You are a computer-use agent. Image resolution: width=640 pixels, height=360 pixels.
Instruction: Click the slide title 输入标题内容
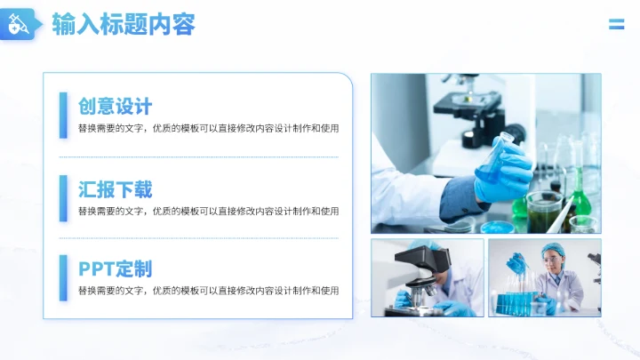pyautogui.click(x=124, y=24)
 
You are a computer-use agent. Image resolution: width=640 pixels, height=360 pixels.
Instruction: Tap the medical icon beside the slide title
pyautogui.click(x=19, y=25)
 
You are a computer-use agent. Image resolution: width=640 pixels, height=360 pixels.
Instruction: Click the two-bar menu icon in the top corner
pyautogui.click(x=616, y=24)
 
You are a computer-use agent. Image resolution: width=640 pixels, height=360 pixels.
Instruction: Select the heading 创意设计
pyautogui.click(x=115, y=108)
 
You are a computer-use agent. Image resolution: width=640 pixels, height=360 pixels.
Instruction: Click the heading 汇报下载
pyautogui.click(x=115, y=188)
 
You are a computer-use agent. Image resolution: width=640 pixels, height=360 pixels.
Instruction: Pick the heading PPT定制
pyautogui.click(x=115, y=269)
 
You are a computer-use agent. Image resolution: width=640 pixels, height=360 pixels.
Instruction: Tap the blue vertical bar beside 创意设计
pyautogui.click(x=64, y=116)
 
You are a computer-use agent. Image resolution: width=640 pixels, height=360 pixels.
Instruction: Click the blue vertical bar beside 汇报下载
pyautogui.click(x=64, y=197)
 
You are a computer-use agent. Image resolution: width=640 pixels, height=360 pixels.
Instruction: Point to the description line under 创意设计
pyautogui.click(x=208, y=129)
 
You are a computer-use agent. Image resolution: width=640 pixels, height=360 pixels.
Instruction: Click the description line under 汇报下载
pyautogui.click(x=208, y=212)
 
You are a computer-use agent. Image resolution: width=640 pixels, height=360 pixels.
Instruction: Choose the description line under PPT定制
pyautogui.click(x=208, y=291)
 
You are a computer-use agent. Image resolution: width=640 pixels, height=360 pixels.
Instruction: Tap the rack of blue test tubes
pyautogui.click(x=519, y=302)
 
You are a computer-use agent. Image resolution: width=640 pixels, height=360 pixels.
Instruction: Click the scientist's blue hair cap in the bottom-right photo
pyautogui.click(x=553, y=248)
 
